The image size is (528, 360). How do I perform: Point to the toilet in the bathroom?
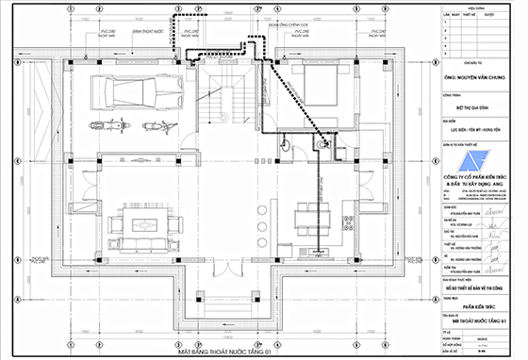pyautogui.click(x=323, y=146)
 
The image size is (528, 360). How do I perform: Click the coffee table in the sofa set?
pyautogui.click(x=144, y=225)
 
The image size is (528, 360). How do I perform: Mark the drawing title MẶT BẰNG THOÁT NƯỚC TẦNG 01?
pyautogui.click(x=216, y=300)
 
